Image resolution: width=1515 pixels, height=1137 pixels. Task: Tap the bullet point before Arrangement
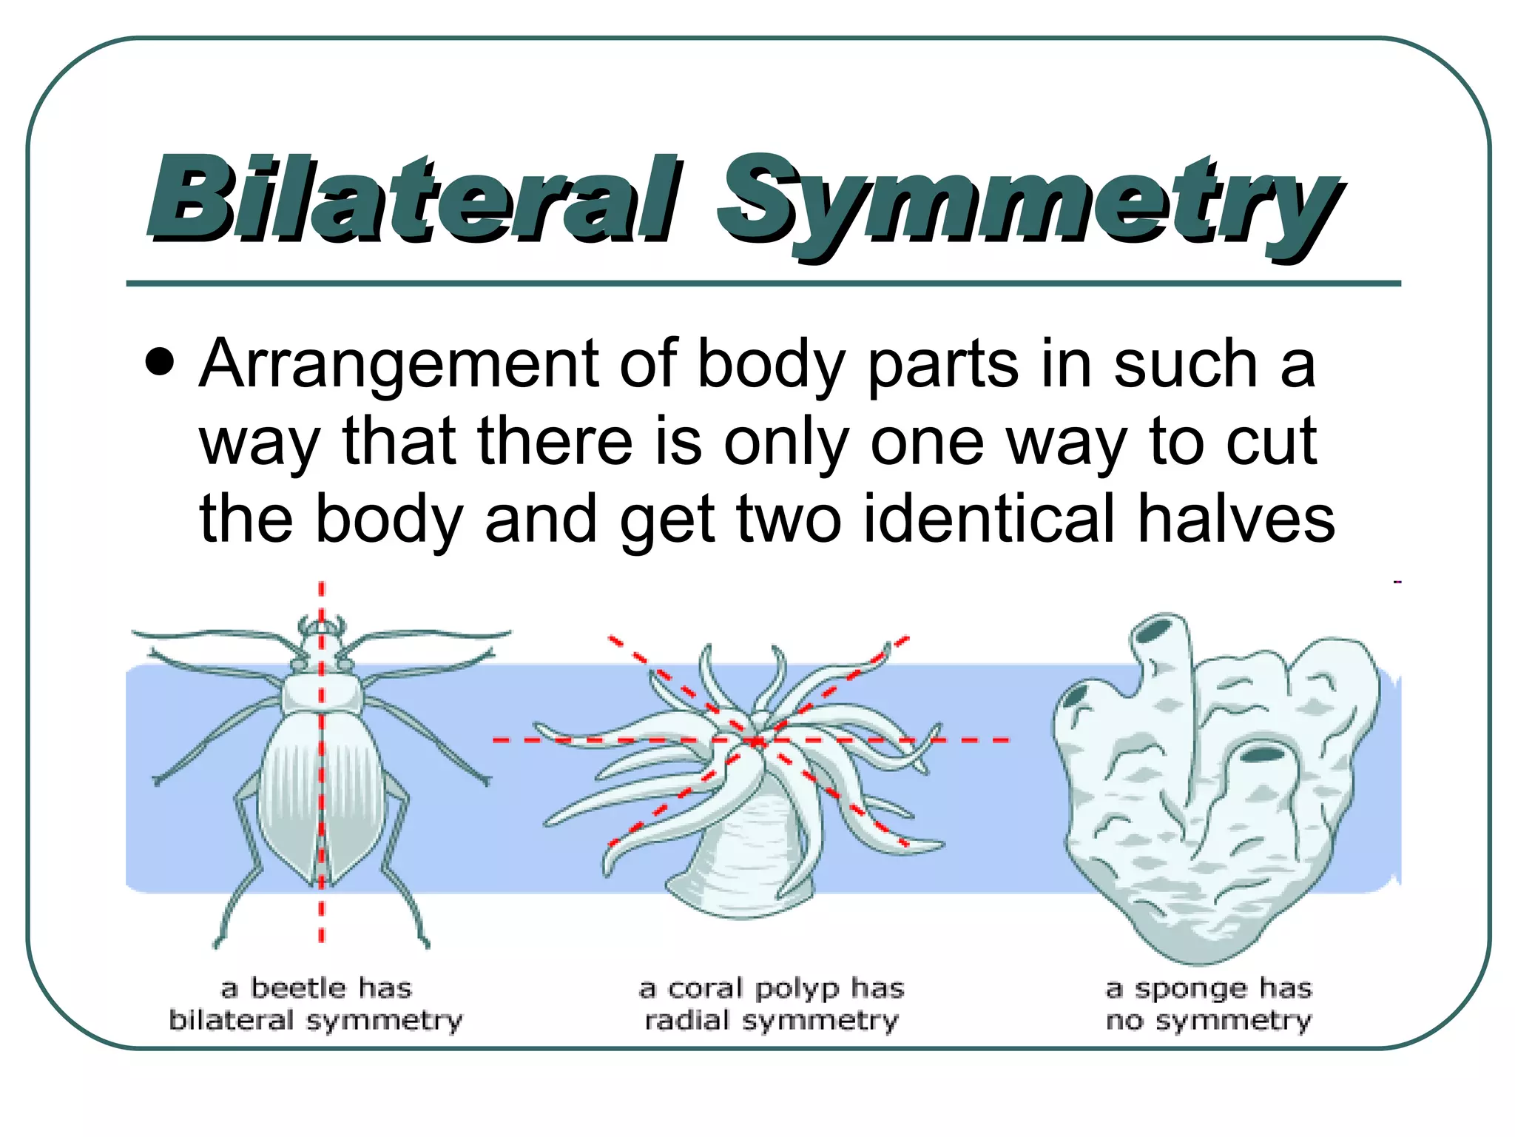click(160, 363)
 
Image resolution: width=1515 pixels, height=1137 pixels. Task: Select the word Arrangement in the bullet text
click(399, 364)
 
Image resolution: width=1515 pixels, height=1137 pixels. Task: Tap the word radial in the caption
click(687, 1020)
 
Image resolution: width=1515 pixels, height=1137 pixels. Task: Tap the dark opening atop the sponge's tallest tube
click(1154, 630)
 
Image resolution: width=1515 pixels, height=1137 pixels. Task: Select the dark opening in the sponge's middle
click(1262, 755)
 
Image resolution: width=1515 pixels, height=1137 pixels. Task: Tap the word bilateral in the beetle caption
click(232, 1020)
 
